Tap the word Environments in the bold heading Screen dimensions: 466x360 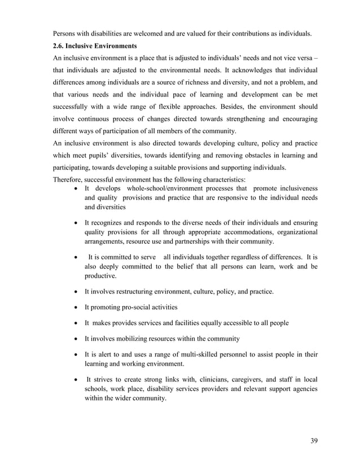(118, 45)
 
